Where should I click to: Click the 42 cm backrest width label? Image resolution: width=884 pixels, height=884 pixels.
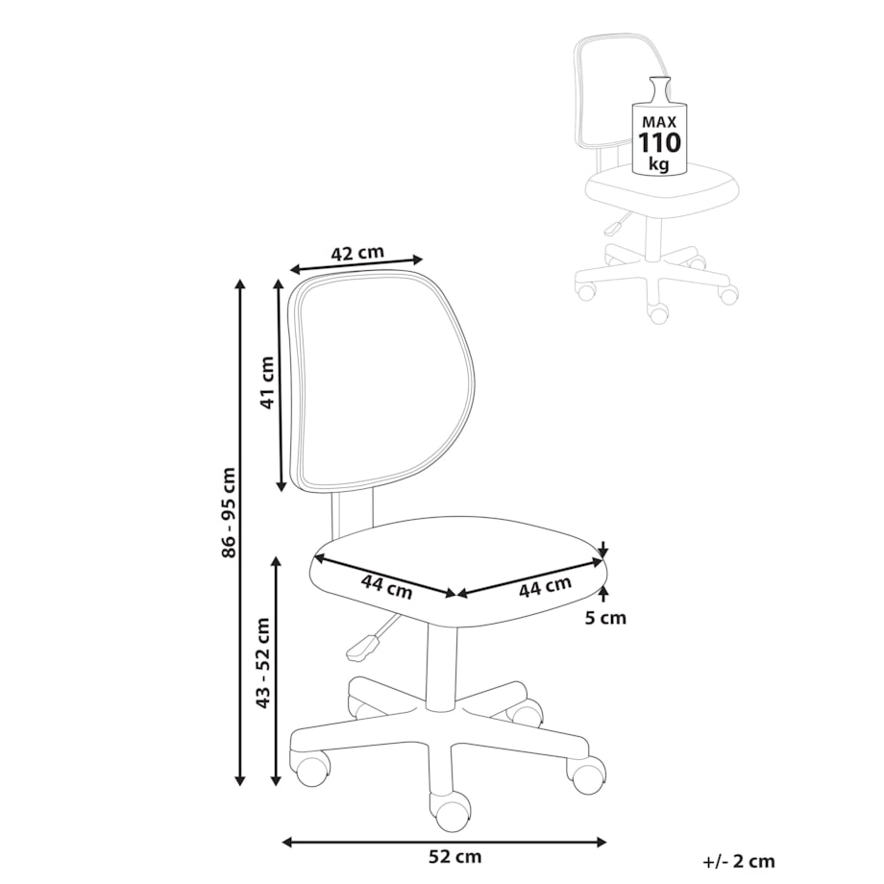pyautogui.click(x=356, y=253)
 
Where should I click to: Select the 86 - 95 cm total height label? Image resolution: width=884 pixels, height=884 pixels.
pyautogui.click(x=229, y=512)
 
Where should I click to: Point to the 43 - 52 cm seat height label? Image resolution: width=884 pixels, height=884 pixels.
pyautogui.click(x=262, y=663)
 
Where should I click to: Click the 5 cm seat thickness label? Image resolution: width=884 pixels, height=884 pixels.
pyautogui.click(x=605, y=618)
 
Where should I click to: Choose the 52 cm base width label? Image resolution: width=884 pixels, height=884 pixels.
pyautogui.click(x=454, y=857)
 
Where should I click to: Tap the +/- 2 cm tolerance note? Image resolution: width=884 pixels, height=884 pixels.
pyautogui.click(x=739, y=862)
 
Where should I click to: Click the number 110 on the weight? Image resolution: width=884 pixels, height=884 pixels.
pyautogui.click(x=659, y=142)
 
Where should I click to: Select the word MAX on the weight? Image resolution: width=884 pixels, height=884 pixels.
pyautogui.click(x=659, y=122)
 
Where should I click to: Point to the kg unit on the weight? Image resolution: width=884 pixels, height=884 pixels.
pyautogui.click(x=658, y=164)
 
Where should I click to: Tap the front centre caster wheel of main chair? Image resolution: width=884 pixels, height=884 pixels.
pyautogui.click(x=450, y=810)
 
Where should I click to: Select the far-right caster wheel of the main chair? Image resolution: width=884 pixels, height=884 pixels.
pyautogui.click(x=586, y=774)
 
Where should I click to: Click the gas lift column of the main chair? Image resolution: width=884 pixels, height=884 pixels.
pyautogui.click(x=442, y=667)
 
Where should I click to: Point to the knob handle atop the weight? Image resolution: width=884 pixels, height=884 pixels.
pyautogui.click(x=658, y=89)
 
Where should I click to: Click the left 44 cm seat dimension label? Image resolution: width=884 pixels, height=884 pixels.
pyautogui.click(x=386, y=586)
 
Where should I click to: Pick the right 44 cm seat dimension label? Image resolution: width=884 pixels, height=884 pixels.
pyautogui.click(x=545, y=586)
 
